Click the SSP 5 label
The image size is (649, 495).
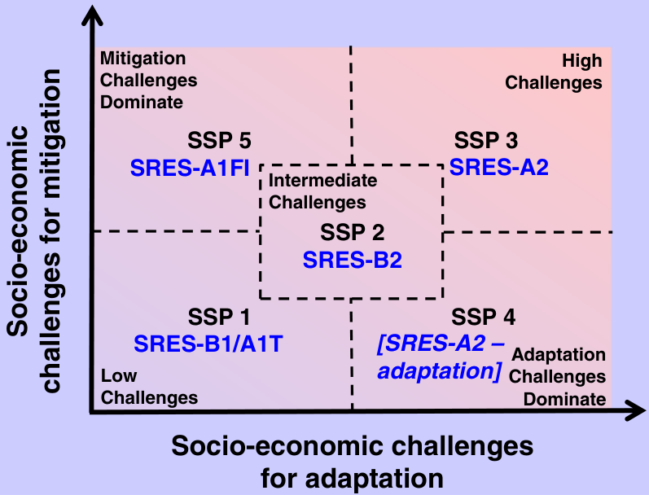pyautogui.click(x=219, y=140)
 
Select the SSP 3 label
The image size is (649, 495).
pyautogui.click(x=486, y=140)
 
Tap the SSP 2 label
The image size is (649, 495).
pyautogui.click(x=353, y=232)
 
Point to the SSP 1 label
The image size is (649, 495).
pyautogui.click(x=219, y=317)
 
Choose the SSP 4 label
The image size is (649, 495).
pyautogui.click(x=484, y=317)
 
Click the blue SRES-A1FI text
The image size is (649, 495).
pyautogui.click(x=190, y=168)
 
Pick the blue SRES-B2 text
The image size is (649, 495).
pyautogui.click(x=353, y=260)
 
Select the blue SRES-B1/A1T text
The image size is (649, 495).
pyautogui.click(x=208, y=344)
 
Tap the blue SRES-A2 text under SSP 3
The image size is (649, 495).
pyautogui.click(x=499, y=167)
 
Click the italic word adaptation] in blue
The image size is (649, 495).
pyautogui.click(x=440, y=370)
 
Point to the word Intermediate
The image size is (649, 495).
pyautogui.click(x=322, y=181)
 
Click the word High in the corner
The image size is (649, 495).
pyautogui.click(x=582, y=61)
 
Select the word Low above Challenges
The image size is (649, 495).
pyautogui.click(x=119, y=376)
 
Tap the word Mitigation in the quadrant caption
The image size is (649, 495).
pyautogui.click(x=143, y=59)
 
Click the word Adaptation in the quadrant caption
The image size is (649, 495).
pyautogui.click(x=559, y=355)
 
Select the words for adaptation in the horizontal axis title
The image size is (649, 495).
pyautogui.click(x=353, y=479)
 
